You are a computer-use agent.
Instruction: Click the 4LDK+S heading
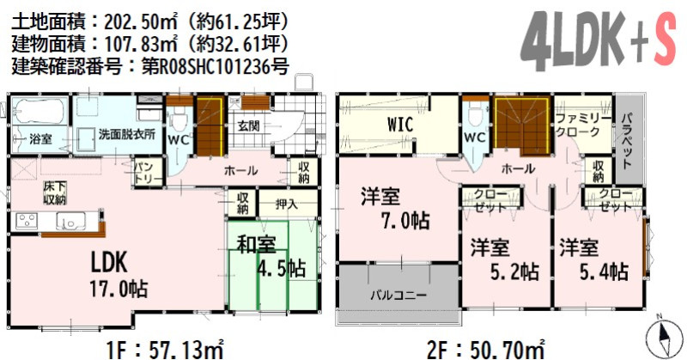599,40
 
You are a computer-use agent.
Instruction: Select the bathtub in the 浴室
39,111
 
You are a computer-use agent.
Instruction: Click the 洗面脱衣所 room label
126,134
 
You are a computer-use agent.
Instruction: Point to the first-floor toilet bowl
179,119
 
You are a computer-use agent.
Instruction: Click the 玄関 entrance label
249,126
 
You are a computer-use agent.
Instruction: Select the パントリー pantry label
143,174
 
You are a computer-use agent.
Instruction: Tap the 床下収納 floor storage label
55,193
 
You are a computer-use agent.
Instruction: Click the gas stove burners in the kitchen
27,221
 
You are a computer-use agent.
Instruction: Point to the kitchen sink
70,222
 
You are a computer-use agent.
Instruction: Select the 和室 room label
256,245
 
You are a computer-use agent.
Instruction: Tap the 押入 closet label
287,204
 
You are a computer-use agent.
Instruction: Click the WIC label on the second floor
400,125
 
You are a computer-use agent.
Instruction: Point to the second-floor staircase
522,126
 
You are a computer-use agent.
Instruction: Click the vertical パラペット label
627,140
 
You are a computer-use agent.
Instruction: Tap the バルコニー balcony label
398,295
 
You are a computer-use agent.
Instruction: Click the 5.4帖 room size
605,272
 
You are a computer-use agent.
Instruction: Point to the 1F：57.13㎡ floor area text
165,351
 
